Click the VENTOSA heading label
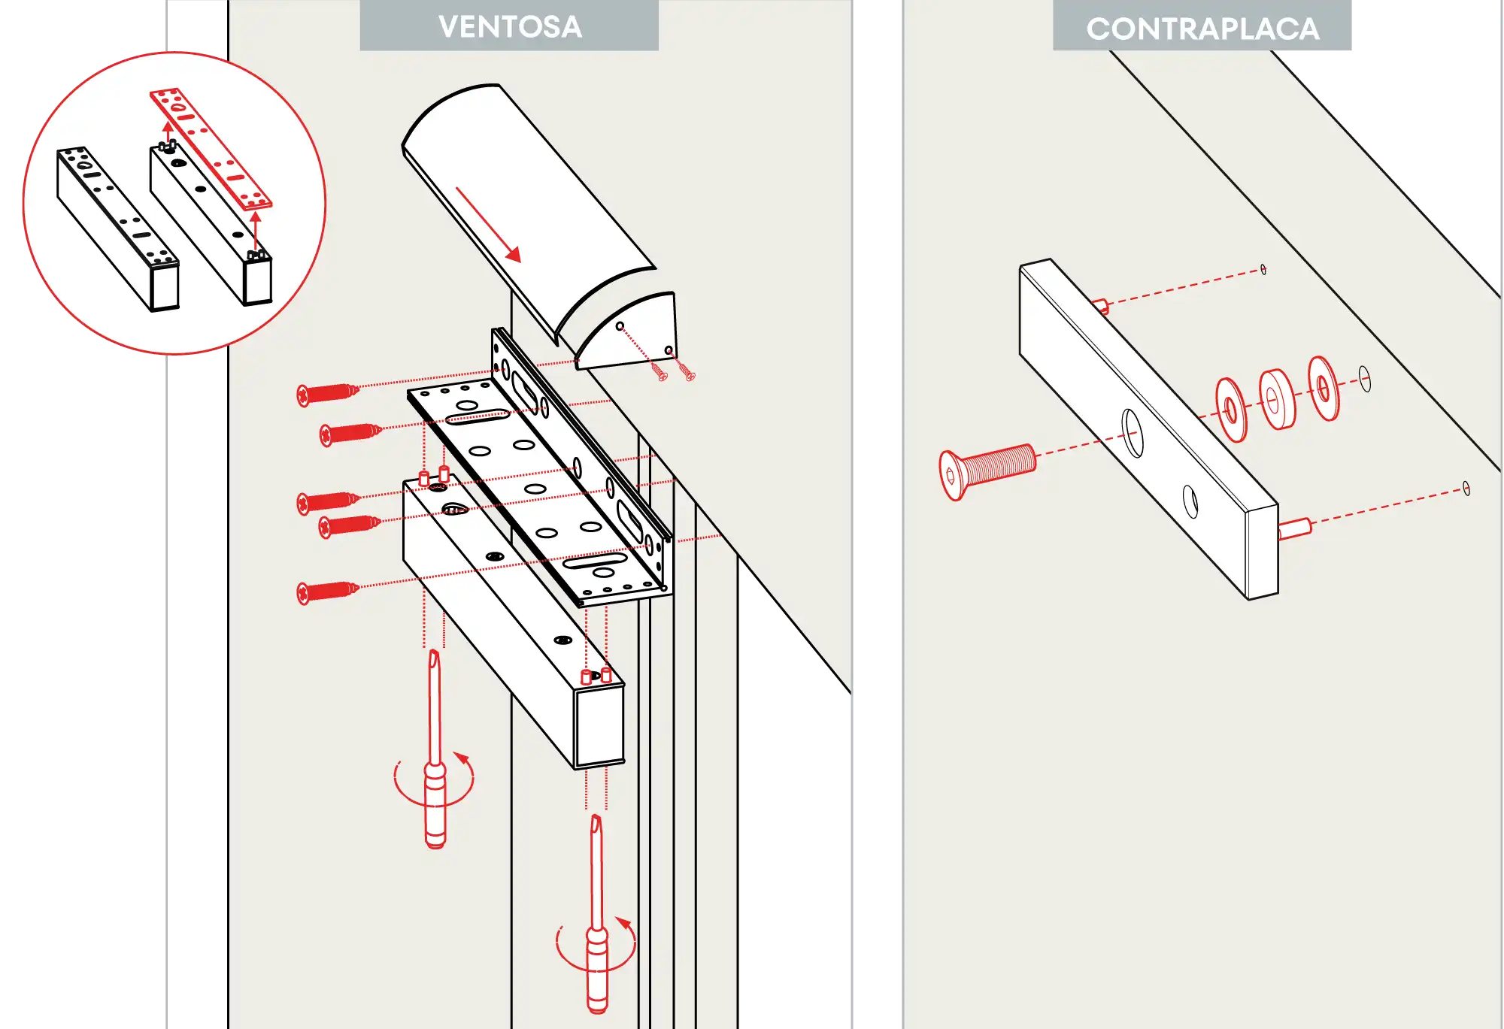click(x=509, y=26)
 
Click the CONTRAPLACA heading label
click(x=1202, y=29)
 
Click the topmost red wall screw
click(x=328, y=393)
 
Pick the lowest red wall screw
click(x=327, y=592)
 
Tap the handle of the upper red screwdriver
click(x=435, y=804)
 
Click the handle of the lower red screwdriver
click(x=597, y=970)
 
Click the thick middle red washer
click(x=1276, y=399)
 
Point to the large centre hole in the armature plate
click(x=1132, y=432)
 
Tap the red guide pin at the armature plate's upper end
click(x=1100, y=305)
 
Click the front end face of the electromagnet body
click(x=599, y=728)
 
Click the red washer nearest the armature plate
click(x=1231, y=410)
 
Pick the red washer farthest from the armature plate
click(x=1324, y=388)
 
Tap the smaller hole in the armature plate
click(x=1190, y=501)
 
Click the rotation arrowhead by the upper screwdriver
click(x=462, y=758)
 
